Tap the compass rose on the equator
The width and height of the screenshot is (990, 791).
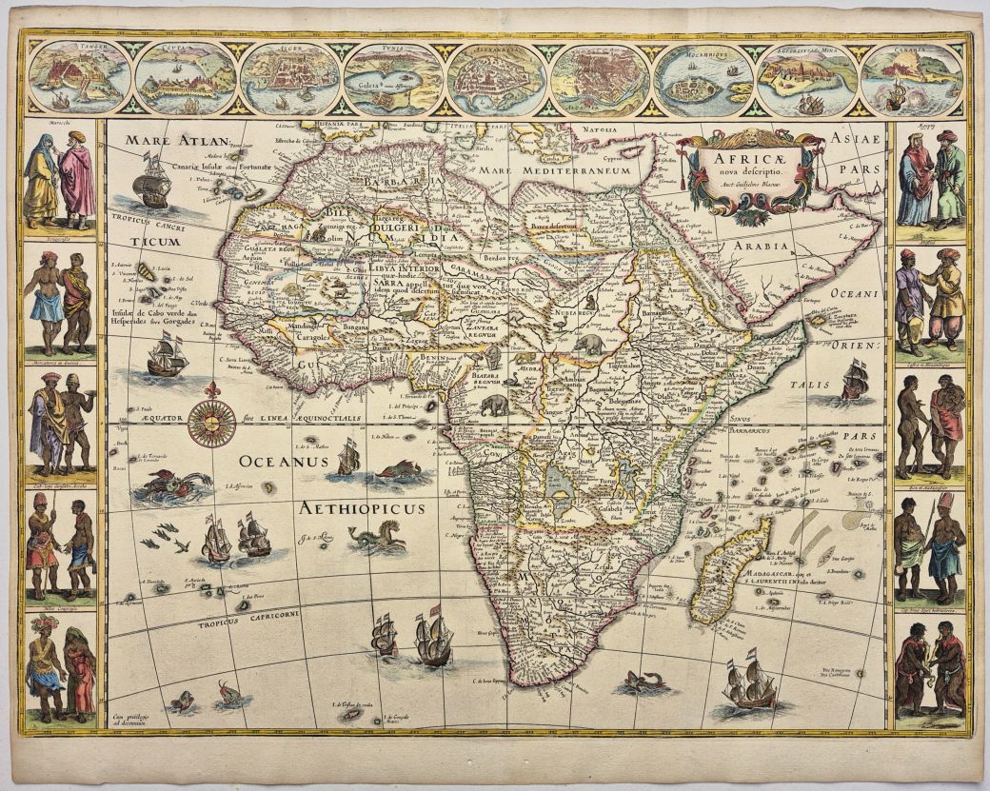click(211, 422)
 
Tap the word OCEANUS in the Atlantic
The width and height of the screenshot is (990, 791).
click(283, 461)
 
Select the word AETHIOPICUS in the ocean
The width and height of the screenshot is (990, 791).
click(362, 508)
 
